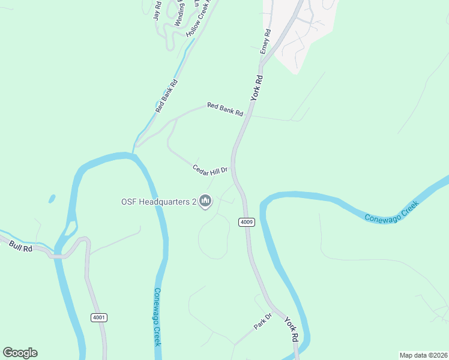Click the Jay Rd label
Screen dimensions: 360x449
coord(157,11)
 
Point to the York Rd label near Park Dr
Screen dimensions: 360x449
coord(291,330)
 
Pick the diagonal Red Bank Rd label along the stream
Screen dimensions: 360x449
coord(166,97)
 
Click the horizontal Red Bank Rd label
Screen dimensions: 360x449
coord(225,109)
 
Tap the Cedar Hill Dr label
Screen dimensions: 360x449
coord(210,170)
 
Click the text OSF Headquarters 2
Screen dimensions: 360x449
coord(159,202)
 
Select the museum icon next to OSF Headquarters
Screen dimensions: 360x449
coord(205,200)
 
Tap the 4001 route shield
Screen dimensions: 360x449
coord(99,317)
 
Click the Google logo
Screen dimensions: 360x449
coord(20,353)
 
